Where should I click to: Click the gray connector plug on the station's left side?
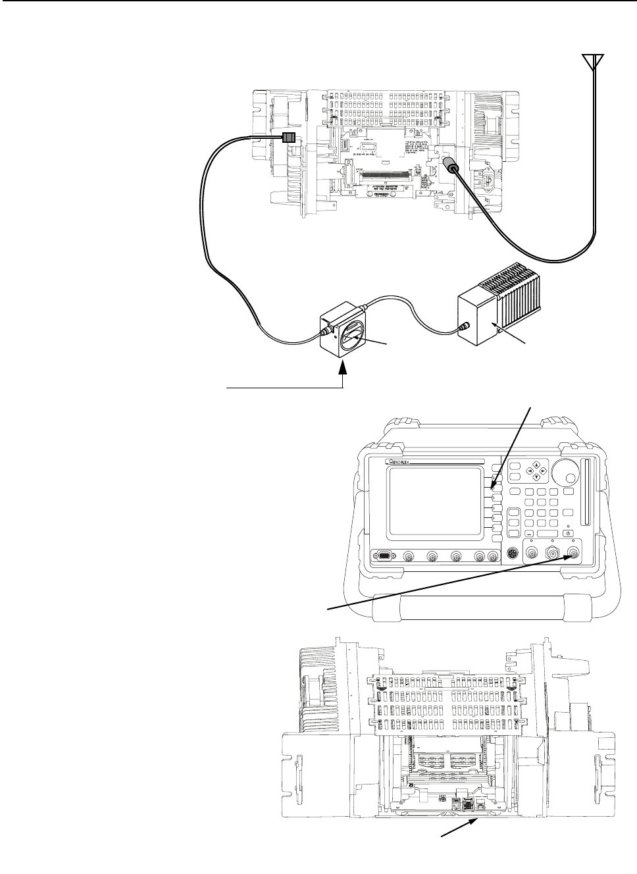click(x=288, y=138)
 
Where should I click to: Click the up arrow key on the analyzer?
click(x=537, y=465)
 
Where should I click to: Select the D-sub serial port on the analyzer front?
click(x=383, y=557)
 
